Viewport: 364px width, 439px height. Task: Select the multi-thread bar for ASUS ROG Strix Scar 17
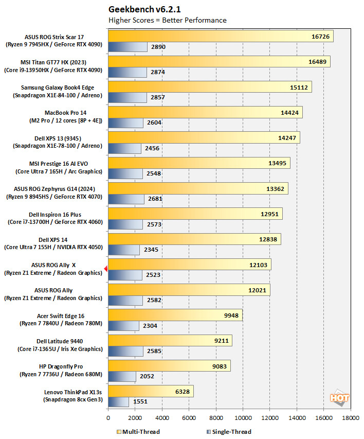(221, 36)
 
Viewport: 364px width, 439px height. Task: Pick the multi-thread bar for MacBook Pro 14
(205, 112)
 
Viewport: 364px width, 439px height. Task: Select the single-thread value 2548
(153, 173)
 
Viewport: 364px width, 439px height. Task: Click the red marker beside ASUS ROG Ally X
(105, 268)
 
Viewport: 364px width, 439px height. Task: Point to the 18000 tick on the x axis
(351, 418)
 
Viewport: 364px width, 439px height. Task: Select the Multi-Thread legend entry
(138, 432)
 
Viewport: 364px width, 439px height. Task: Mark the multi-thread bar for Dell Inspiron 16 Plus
(195, 214)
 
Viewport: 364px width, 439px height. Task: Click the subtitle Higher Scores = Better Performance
(168, 20)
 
